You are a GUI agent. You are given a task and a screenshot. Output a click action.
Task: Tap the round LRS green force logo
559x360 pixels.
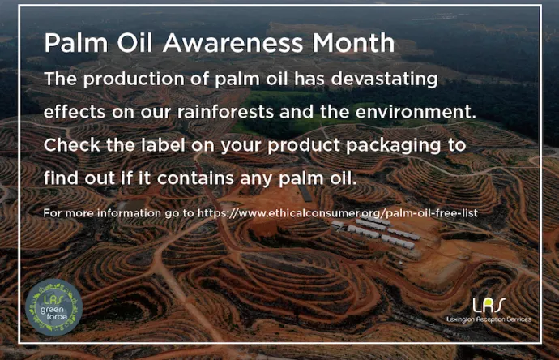pyautogui.click(x=53, y=306)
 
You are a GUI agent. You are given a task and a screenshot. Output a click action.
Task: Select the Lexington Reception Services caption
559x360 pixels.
pyautogui.click(x=489, y=319)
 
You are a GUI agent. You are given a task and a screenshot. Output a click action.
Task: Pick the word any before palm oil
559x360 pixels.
pyautogui.click(x=273, y=178)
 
